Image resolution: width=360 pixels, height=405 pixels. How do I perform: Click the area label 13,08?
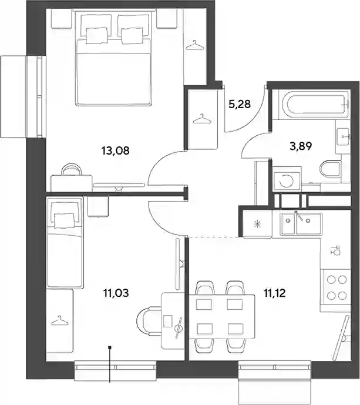click(x=115, y=150)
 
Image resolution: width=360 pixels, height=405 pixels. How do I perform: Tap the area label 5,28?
click(x=240, y=104)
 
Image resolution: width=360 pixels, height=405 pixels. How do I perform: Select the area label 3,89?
click(x=301, y=146)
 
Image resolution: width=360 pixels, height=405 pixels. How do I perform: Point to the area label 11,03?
click(x=116, y=293)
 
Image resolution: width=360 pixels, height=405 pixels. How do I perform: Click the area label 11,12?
click(x=275, y=293)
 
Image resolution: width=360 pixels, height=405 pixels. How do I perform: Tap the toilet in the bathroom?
click(x=331, y=169)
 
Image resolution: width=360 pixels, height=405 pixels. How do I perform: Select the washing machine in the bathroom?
click(x=287, y=179)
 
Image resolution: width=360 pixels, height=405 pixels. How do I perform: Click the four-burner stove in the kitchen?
click(x=335, y=287)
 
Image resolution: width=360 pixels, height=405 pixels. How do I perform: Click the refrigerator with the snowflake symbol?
click(x=257, y=224)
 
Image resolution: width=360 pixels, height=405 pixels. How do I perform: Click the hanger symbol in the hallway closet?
click(x=203, y=119)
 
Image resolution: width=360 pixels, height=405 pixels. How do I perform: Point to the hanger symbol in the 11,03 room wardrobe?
click(x=60, y=320)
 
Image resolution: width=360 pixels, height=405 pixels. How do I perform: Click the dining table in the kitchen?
click(x=222, y=317)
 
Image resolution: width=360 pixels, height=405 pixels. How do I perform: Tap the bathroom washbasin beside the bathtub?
click(x=343, y=136)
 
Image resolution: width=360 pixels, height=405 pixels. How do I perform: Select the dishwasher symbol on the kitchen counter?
click(x=335, y=250)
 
